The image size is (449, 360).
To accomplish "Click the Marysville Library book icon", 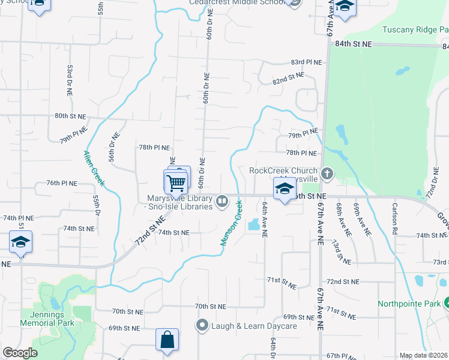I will (222, 201).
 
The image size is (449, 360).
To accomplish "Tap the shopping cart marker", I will (176, 182).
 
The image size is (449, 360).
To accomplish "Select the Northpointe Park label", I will (408, 304).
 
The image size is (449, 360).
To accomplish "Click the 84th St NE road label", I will (354, 44).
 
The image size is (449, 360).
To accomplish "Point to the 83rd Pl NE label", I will (306, 62).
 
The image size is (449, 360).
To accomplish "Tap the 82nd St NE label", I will (288, 78).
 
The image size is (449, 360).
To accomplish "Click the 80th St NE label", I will (71, 116).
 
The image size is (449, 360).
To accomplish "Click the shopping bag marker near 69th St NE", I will (166, 340).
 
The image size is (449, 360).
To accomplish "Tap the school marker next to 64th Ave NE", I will (284, 189).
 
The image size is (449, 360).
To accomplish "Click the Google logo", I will (20, 353).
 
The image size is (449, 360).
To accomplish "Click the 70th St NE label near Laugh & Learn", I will (210, 306).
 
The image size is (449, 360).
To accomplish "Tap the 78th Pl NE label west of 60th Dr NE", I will (155, 147).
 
